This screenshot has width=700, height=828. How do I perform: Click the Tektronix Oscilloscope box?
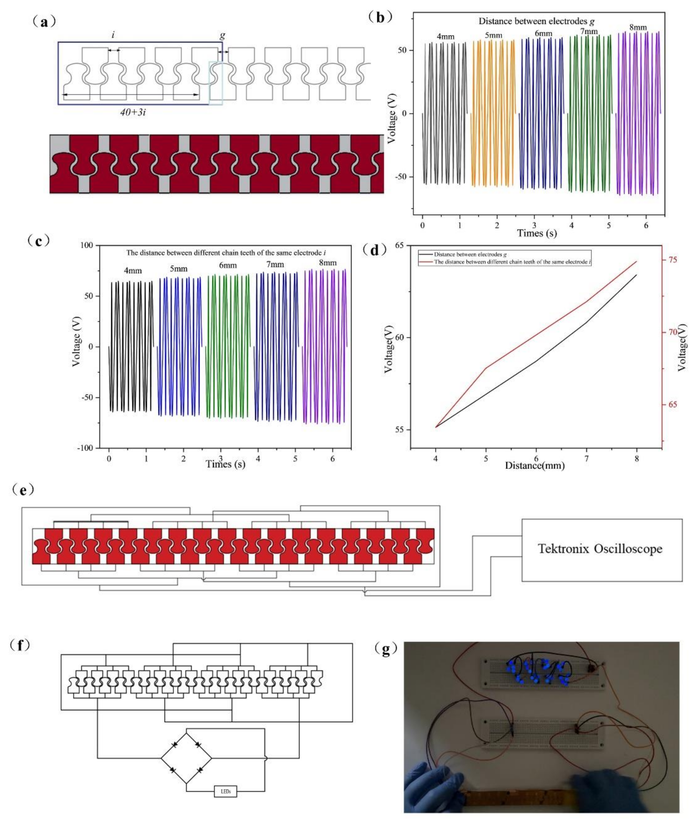(x=602, y=550)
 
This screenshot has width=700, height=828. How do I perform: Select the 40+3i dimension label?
(x=133, y=112)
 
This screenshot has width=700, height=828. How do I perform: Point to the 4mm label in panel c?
(x=133, y=271)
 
